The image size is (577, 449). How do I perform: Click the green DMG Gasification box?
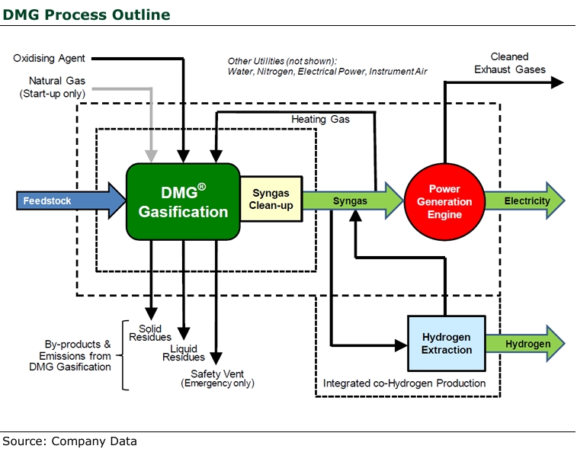click(x=183, y=200)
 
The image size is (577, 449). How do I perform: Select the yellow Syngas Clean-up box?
click(x=271, y=200)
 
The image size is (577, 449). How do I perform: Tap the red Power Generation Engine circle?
click(x=444, y=201)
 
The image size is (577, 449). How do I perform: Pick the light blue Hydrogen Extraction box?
click(x=446, y=343)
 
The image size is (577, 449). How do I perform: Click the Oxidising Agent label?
click(x=49, y=58)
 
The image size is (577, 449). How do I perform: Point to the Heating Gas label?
click(x=320, y=120)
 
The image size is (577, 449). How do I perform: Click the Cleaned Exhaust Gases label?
click(x=509, y=63)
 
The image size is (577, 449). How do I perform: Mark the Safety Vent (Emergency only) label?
click(x=217, y=378)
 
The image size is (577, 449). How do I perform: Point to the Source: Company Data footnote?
click(x=69, y=441)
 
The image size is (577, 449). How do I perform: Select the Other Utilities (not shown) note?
click(x=327, y=66)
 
